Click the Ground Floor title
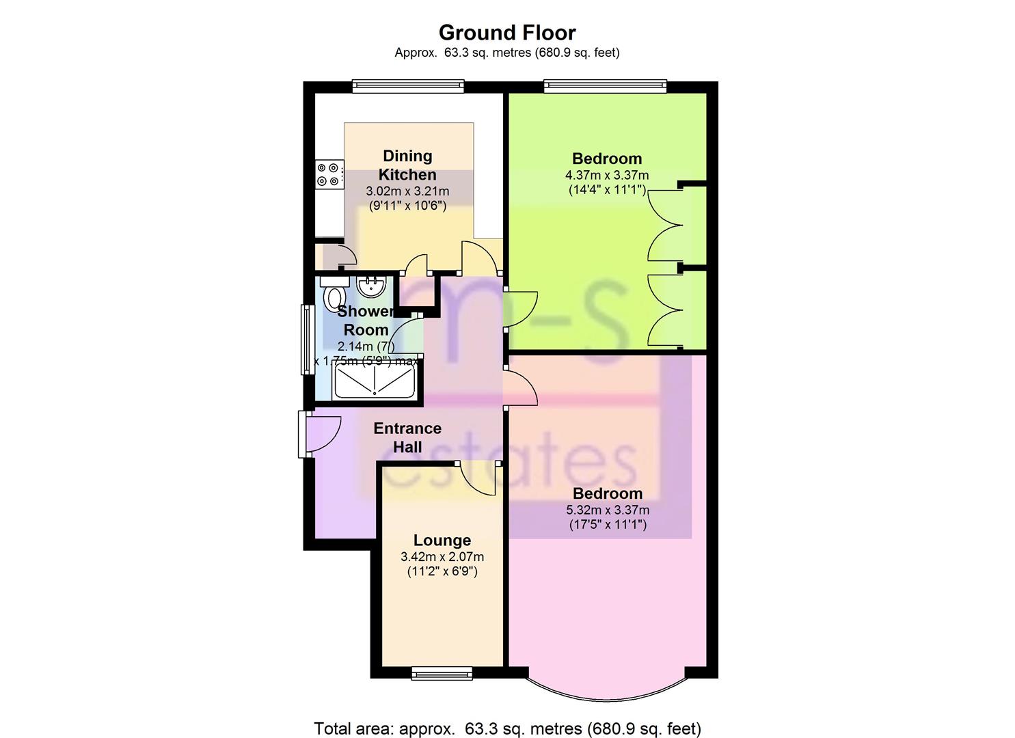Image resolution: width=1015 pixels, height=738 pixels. click(x=507, y=33)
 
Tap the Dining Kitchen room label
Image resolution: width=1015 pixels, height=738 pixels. click(x=407, y=165)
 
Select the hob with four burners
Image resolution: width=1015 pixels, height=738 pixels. click(x=329, y=174)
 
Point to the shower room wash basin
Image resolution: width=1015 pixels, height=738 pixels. click(x=372, y=286)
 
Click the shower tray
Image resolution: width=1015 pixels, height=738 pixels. click(x=375, y=381)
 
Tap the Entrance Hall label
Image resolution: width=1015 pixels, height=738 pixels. click(x=407, y=437)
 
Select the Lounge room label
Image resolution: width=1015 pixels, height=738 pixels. click(x=442, y=540)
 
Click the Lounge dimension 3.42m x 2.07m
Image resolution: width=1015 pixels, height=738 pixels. click(x=442, y=556)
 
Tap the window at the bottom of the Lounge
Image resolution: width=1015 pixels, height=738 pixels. click(x=442, y=673)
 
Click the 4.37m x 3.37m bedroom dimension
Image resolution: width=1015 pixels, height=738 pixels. click(x=607, y=175)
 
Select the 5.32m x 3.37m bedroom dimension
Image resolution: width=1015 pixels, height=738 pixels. click(x=608, y=510)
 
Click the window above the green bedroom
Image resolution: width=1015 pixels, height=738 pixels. click(x=606, y=86)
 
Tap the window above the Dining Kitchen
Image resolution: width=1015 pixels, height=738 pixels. click(x=408, y=86)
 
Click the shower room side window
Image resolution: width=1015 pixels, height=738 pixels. click(x=308, y=340)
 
